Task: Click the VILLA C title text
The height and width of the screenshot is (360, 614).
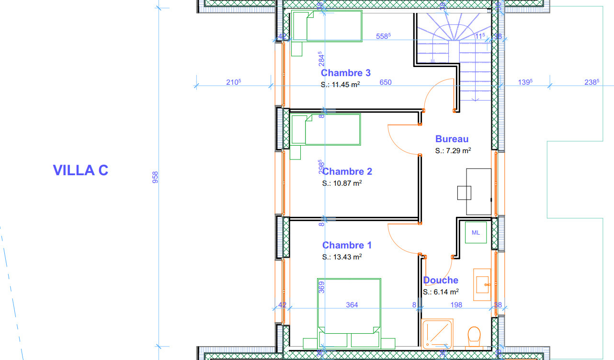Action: click(80, 170)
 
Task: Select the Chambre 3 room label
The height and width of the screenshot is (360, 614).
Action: click(345, 73)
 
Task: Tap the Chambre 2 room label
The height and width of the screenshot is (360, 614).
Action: click(347, 171)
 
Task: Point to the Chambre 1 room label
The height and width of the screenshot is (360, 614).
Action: click(347, 245)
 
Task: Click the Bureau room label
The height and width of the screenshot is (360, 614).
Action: click(452, 139)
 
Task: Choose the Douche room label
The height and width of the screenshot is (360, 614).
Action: click(440, 280)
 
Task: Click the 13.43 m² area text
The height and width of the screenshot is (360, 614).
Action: click(342, 257)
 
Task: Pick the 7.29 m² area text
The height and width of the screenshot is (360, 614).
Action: click(453, 150)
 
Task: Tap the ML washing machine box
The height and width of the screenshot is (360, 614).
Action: click(476, 233)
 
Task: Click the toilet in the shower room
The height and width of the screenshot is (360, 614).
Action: click(473, 336)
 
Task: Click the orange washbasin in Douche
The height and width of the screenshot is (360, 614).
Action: click(482, 284)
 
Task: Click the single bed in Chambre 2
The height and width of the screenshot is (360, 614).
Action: click(326, 129)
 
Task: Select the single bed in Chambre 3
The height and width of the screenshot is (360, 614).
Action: click(327, 26)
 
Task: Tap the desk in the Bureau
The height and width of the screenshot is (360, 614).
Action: click(478, 191)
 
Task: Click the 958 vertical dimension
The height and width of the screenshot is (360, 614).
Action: click(155, 177)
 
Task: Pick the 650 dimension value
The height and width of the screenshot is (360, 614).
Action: click(385, 82)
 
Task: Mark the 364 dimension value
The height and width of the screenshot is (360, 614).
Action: click(352, 304)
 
